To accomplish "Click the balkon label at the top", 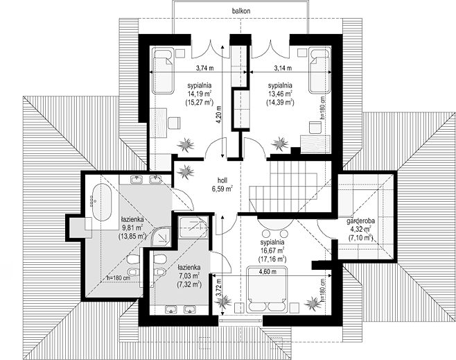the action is point(241,11).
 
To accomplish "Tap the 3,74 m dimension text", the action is point(204,68).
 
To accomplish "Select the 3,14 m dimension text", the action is point(283,68).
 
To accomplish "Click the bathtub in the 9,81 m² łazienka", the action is point(101,202).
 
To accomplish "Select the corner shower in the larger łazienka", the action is point(162,236).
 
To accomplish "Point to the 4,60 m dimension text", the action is point(268,272).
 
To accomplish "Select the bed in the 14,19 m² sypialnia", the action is point(163,71).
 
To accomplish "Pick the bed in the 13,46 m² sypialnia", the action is point(319,71).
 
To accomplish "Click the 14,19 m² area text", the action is point(199,94).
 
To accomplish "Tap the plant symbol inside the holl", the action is point(185,171).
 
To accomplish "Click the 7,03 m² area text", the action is point(188,275).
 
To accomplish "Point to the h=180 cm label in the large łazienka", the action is point(118,278).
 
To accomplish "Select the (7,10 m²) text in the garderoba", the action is point(360,237).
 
